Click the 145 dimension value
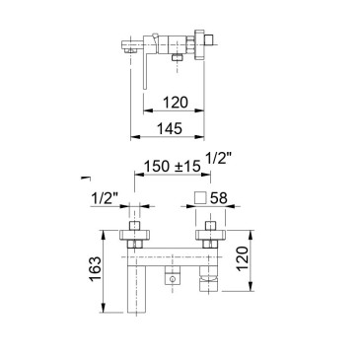pos(169,128)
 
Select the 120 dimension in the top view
pos(176,103)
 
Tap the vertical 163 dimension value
pos(95,269)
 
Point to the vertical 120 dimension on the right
pos(243,258)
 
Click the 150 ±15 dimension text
pos(173,167)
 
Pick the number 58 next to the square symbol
pos(218,198)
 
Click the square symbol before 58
pos(200,198)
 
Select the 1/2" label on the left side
pos(105,198)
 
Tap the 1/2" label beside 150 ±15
pos(218,159)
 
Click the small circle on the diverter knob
pos(172,280)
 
